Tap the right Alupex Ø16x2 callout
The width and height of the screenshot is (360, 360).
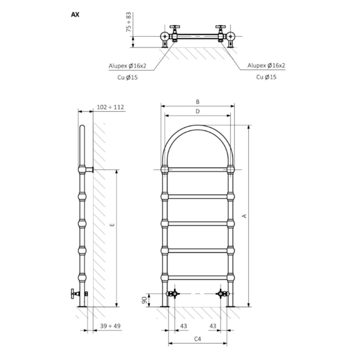pyautogui.click(x=266, y=65)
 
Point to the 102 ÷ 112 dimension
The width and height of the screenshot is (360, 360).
pyautogui.click(x=111, y=107)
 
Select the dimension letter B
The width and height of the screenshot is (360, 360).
pyautogui.click(x=197, y=102)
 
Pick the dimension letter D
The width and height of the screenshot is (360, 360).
pyautogui.click(x=197, y=111)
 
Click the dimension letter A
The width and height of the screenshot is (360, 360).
pyautogui.click(x=244, y=216)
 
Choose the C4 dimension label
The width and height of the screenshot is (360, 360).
pyautogui.click(x=197, y=339)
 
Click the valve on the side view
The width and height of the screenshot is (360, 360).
pyautogui.click(x=76, y=292)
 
